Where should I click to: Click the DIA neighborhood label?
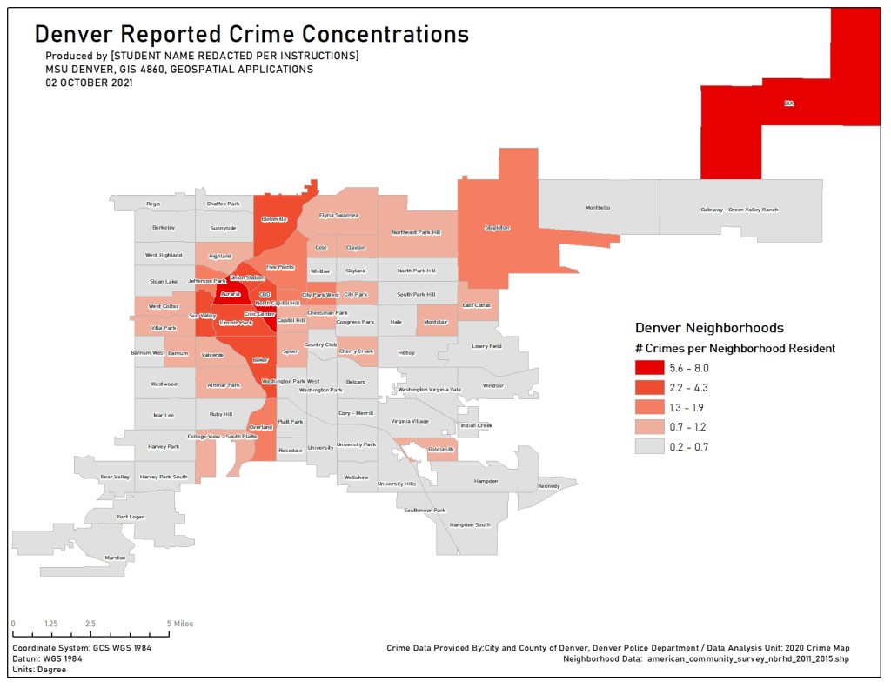(789, 104)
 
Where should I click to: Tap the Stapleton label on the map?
(497, 228)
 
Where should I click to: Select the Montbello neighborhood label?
(598, 208)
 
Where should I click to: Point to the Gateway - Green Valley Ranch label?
(740, 210)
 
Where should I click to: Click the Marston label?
(115, 558)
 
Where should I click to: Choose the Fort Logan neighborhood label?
(131, 517)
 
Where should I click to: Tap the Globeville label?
(274, 219)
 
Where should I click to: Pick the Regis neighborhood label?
(153, 204)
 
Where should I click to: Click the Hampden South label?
(470, 524)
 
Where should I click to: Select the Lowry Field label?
(486, 345)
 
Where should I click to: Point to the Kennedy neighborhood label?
(549, 486)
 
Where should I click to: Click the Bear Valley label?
(115, 477)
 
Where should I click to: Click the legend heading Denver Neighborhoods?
(709, 328)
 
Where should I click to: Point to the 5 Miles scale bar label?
(181, 624)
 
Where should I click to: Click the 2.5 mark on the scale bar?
(90, 624)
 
